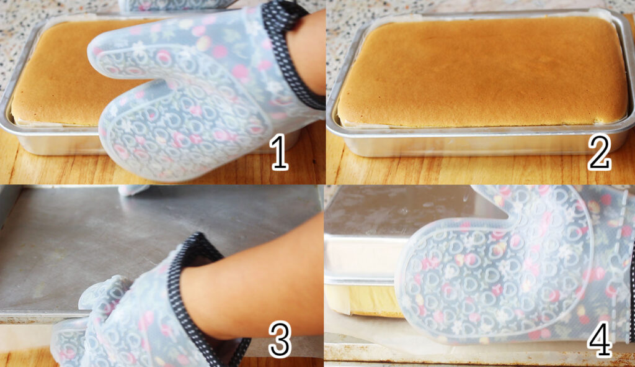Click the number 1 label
pos(280,153)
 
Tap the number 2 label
pos(599,152)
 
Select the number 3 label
pos(280,339)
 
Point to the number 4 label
pos(600,339)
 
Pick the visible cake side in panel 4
pos(360,299)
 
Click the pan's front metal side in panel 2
pos(478,144)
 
